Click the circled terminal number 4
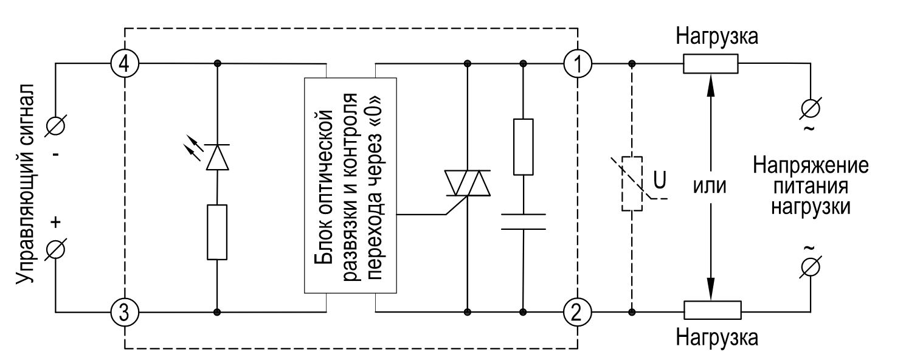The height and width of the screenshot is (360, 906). coord(124,63)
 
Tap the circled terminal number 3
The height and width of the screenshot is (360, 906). coord(124,313)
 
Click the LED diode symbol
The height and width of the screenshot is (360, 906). coord(217,157)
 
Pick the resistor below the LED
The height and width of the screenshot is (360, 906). coord(217,232)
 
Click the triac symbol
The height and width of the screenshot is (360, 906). coord(467,182)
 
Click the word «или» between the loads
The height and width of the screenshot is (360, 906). coord(710,185)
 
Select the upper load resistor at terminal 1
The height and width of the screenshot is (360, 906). coord(710,63)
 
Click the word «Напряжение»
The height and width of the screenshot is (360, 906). coord(811,166)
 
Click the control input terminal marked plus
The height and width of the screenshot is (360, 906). coord(56,249)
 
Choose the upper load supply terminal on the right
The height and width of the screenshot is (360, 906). coord(811,108)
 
